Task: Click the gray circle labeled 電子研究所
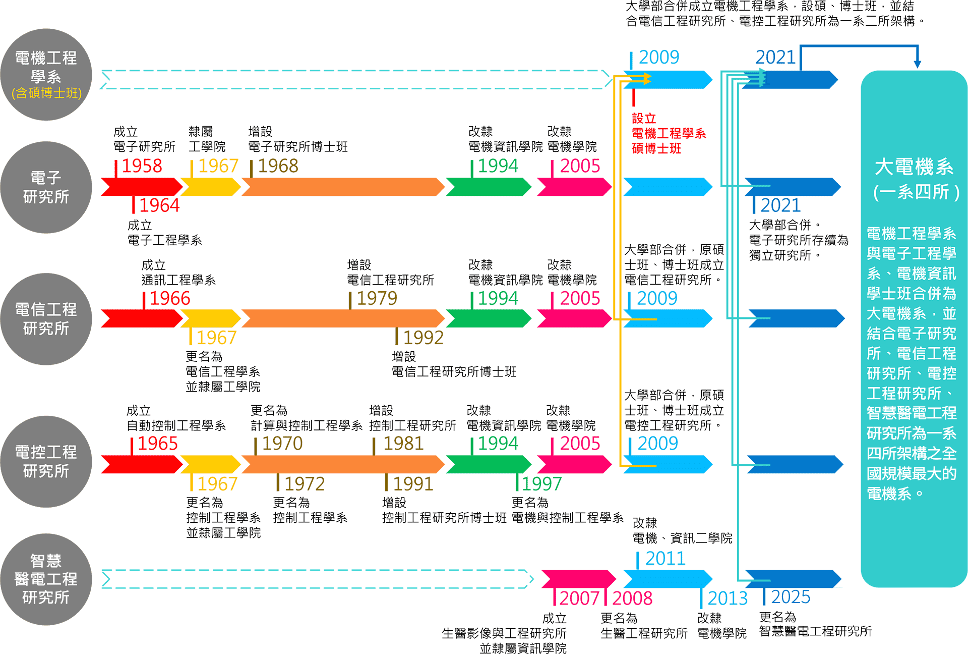point(46,187)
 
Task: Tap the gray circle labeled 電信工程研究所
point(46,319)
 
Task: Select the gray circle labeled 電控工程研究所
point(46,462)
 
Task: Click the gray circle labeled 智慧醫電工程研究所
point(46,579)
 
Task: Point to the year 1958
point(142,166)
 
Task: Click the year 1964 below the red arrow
point(159,205)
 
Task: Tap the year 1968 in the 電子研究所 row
point(278,166)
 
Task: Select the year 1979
point(377,299)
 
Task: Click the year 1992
point(423,338)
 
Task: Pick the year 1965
point(157,444)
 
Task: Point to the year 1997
point(541,484)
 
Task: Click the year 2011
point(665,559)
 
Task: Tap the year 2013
point(728,598)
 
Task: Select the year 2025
point(791,597)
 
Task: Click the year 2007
point(579,598)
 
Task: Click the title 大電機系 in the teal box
point(914,167)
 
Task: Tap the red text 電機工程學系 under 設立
point(669,134)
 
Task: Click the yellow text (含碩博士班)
point(46,93)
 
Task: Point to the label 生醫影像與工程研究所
point(504,633)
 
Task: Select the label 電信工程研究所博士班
point(454,372)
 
